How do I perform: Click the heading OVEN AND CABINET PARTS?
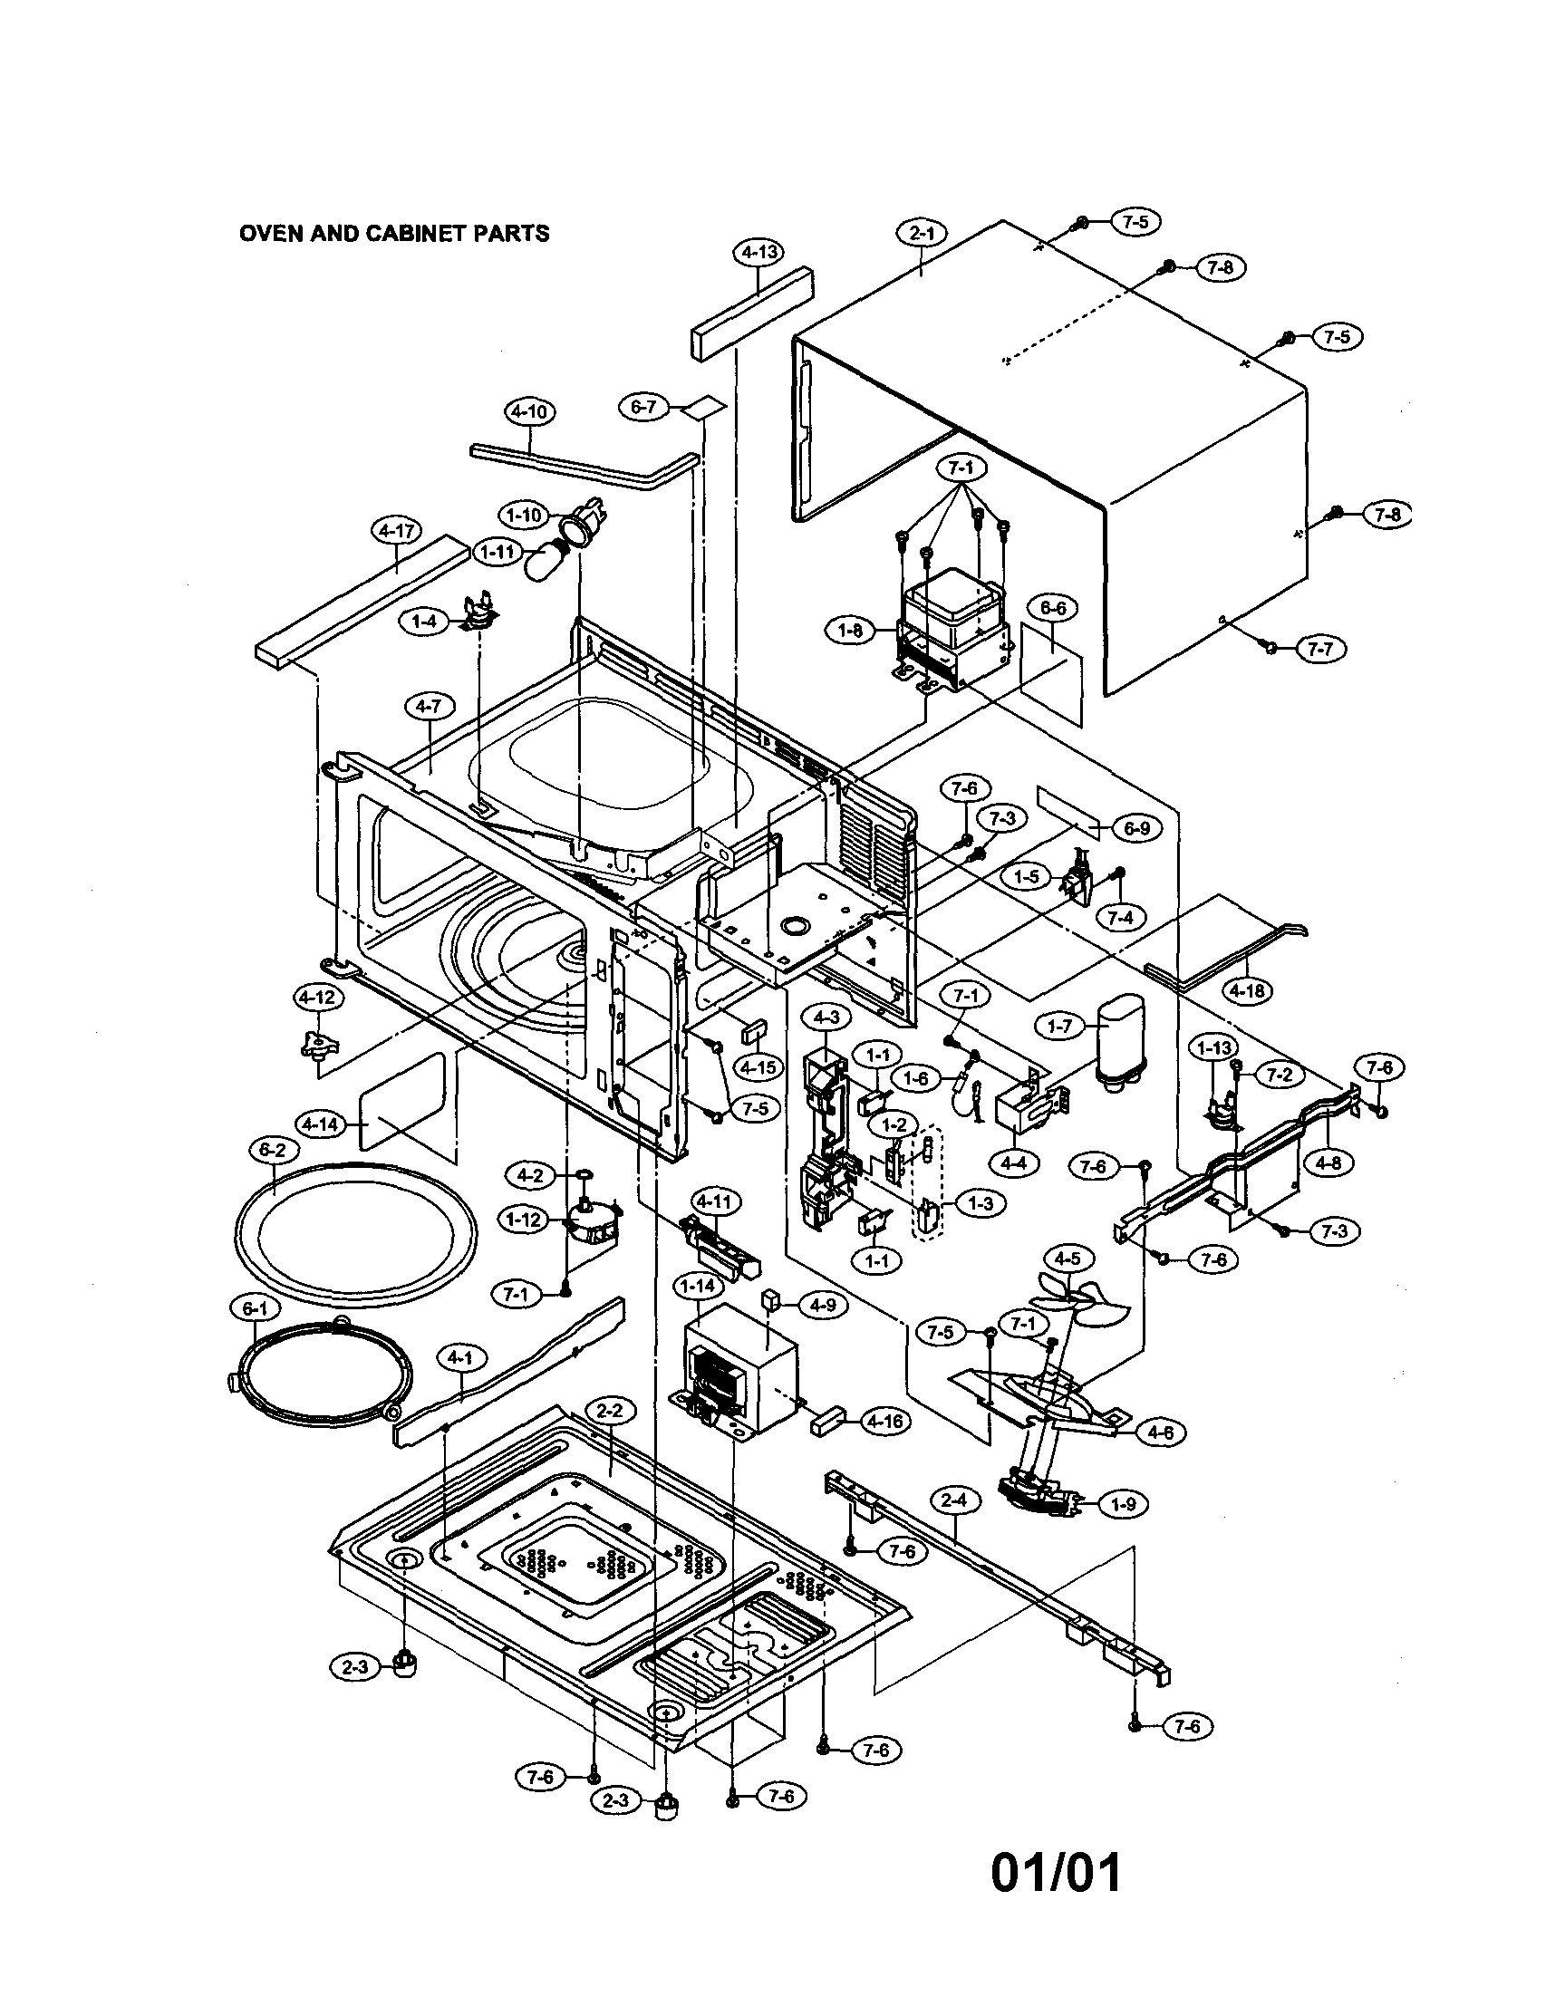[394, 234]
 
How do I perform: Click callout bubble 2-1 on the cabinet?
[921, 235]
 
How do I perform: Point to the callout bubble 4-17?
[396, 531]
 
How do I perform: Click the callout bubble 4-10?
[530, 411]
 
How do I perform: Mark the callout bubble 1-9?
[1123, 1504]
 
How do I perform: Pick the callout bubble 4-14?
[320, 1124]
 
